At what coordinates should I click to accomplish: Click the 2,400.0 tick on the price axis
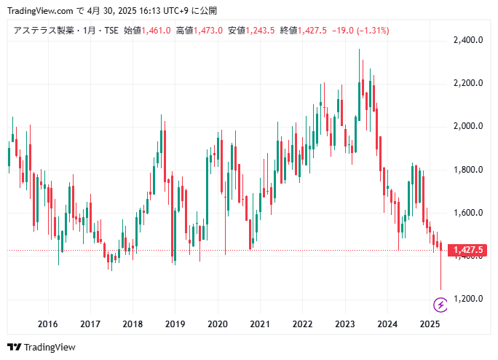click(468, 40)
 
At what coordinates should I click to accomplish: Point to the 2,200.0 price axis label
click(468, 83)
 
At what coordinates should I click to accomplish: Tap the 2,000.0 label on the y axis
click(468, 126)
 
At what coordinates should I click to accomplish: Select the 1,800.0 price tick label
click(468, 170)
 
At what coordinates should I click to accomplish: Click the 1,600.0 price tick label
click(468, 213)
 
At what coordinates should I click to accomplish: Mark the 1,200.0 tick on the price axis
click(468, 299)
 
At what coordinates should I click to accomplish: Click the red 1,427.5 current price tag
click(468, 251)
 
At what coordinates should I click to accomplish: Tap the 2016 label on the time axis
click(47, 324)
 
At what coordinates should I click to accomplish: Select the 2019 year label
click(175, 324)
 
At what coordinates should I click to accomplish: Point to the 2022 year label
click(302, 324)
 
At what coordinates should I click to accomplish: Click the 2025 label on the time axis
click(430, 324)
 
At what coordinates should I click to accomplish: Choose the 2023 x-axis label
click(344, 324)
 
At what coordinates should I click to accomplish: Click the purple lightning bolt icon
click(440, 304)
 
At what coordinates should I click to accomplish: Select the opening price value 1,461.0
click(157, 31)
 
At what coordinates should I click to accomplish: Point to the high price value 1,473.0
click(208, 31)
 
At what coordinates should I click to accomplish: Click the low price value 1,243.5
click(261, 31)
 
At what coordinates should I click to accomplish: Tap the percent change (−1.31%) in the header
click(370, 31)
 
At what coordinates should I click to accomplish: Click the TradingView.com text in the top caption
click(38, 11)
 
